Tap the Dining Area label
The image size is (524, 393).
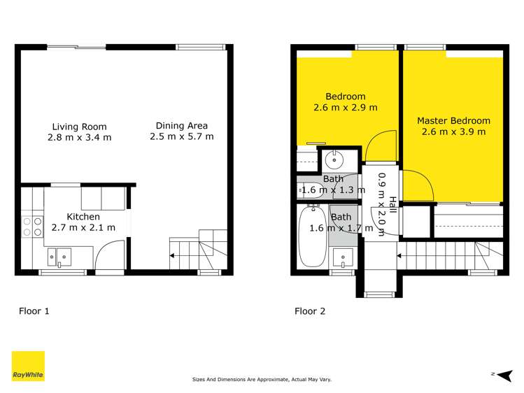tap(181, 126)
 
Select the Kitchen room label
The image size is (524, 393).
tap(83, 217)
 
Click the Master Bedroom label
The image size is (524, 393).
tap(453, 120)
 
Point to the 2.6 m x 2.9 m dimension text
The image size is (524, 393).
tap(345, 108)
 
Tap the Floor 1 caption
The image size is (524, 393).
tap(34, 311)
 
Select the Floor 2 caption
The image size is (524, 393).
tap(309, 311)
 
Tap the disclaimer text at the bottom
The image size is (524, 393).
tap(262, 380)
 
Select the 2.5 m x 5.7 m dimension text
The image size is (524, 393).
tap(181, 136)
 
